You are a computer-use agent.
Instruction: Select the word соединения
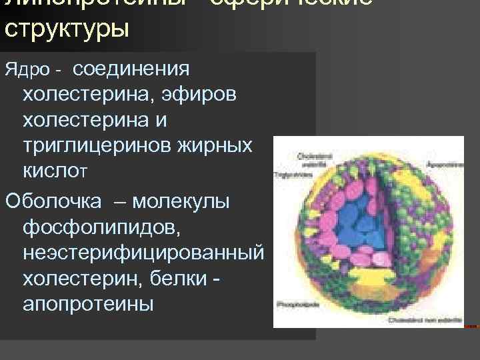(x=132, y=69)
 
